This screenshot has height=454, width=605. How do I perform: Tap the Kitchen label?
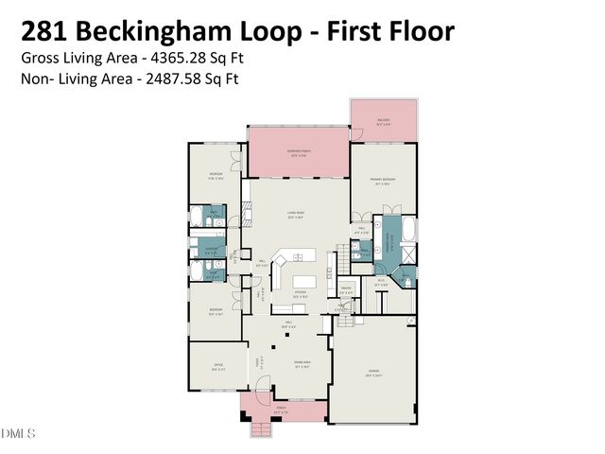tap(301, 294)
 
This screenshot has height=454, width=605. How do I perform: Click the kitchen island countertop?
tap(305, 282)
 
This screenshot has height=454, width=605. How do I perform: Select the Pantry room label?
tap(346, 290)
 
